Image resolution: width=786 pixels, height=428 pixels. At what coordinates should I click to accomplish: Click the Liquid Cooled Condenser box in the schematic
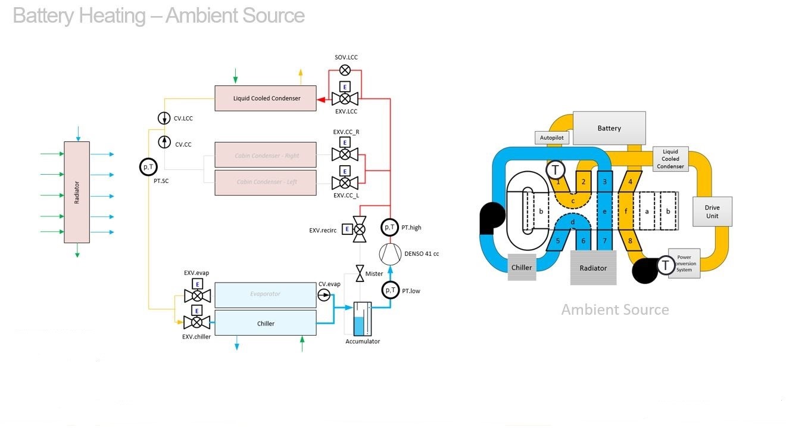pos(266,98)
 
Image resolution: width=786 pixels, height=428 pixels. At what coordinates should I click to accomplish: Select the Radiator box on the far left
pos(77,192)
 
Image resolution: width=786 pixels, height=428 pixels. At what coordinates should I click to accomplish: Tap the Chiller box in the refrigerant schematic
pos(266,323)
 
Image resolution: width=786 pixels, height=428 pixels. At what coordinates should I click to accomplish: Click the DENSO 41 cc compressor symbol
pos(391,254)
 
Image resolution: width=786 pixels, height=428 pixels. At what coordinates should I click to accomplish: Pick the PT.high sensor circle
pos(390,227)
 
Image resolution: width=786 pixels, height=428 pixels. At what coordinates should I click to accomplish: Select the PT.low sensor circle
pos(391,290)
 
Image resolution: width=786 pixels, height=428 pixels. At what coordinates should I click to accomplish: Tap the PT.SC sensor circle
pos(148,167)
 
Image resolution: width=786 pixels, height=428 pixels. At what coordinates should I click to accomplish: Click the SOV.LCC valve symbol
pos(344,70)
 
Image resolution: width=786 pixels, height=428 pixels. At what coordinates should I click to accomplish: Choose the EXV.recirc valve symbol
pos(360,228)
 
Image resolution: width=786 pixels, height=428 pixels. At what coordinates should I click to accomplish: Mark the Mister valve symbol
pos(360,274)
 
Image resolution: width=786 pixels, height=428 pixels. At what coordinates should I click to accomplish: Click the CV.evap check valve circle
pos(324,295)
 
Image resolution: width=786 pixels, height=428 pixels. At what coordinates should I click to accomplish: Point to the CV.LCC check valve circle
pos(164,118)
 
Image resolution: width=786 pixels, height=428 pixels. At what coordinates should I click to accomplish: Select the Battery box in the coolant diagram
pos(609,128)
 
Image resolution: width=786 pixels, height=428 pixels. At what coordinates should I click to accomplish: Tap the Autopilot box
pos(551,138)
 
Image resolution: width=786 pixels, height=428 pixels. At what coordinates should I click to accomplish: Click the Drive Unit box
pos(712,212)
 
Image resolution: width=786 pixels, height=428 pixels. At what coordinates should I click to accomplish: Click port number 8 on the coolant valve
pos(629,241)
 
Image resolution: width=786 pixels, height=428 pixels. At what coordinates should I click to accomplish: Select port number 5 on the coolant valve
pos(558,241)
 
